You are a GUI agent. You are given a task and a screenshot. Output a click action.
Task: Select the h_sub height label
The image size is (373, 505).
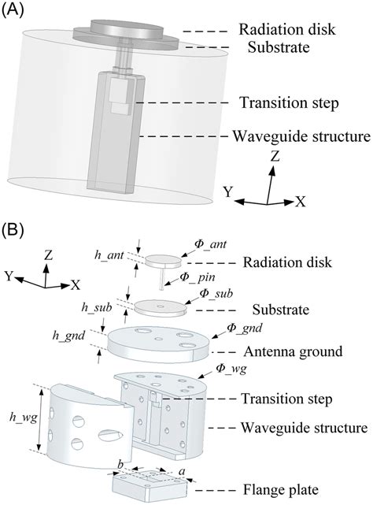click(94, 307)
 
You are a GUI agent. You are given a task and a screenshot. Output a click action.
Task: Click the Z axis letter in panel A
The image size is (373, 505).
click(275, 156)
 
